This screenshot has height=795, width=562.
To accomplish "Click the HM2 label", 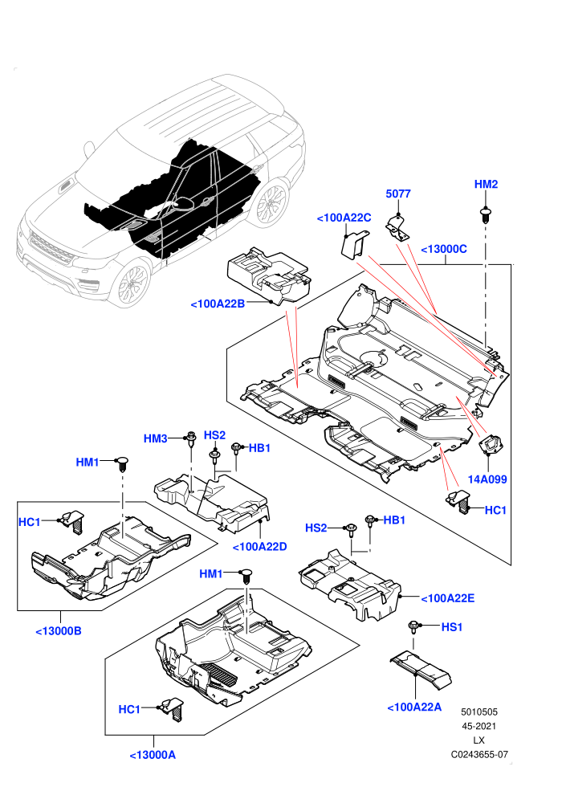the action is pyautogui.click(x=486, y=184).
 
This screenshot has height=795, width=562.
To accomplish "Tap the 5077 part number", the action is pyautogui.click(x=397, y=194).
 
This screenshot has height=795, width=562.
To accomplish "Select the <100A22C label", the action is pyautogui.click(x=344, y=218).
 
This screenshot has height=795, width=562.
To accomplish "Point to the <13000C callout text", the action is pyautogui.click(x=444, y=249).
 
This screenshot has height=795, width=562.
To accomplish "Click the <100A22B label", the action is pyautogui.click(x=218, y=304).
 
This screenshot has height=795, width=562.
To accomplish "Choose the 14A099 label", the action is pyautogui.click(x=487, y=479).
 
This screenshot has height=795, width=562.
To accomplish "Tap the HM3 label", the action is pyautogui.click(x=155, y=438).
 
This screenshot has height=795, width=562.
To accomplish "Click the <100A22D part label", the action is pyautogui.click(x=260, y=547).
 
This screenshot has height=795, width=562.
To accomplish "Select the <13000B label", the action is pyautogui.click(x=59, y=631).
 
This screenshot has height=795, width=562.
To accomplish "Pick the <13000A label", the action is pyautogui.click(x=153, y=755).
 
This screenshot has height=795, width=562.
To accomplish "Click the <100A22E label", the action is pyautogui.click(x=448, y=598).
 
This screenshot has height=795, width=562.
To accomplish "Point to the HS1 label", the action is pyautogui.click(x=452, y=627).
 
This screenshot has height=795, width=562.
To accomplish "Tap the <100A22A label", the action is pyautogui.click(x=414, y=707).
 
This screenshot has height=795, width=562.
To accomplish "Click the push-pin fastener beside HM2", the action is pyautogui.click(x=486, y=215).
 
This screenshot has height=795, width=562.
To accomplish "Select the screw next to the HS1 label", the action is pyautogui.click(x=413, y=628).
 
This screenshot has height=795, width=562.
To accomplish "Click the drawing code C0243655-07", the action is pyautogui.click(x=479, y=754).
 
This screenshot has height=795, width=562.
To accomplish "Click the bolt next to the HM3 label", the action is pyautogui.click(x=191, y=438).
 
